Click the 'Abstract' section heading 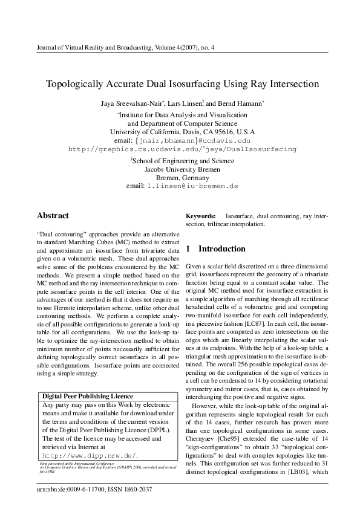tap(53, 216)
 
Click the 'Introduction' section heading tap(222, 248)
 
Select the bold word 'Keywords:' tap(201, 216)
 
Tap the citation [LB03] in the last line tap(297, 488)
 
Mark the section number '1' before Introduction tap(188, 248)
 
